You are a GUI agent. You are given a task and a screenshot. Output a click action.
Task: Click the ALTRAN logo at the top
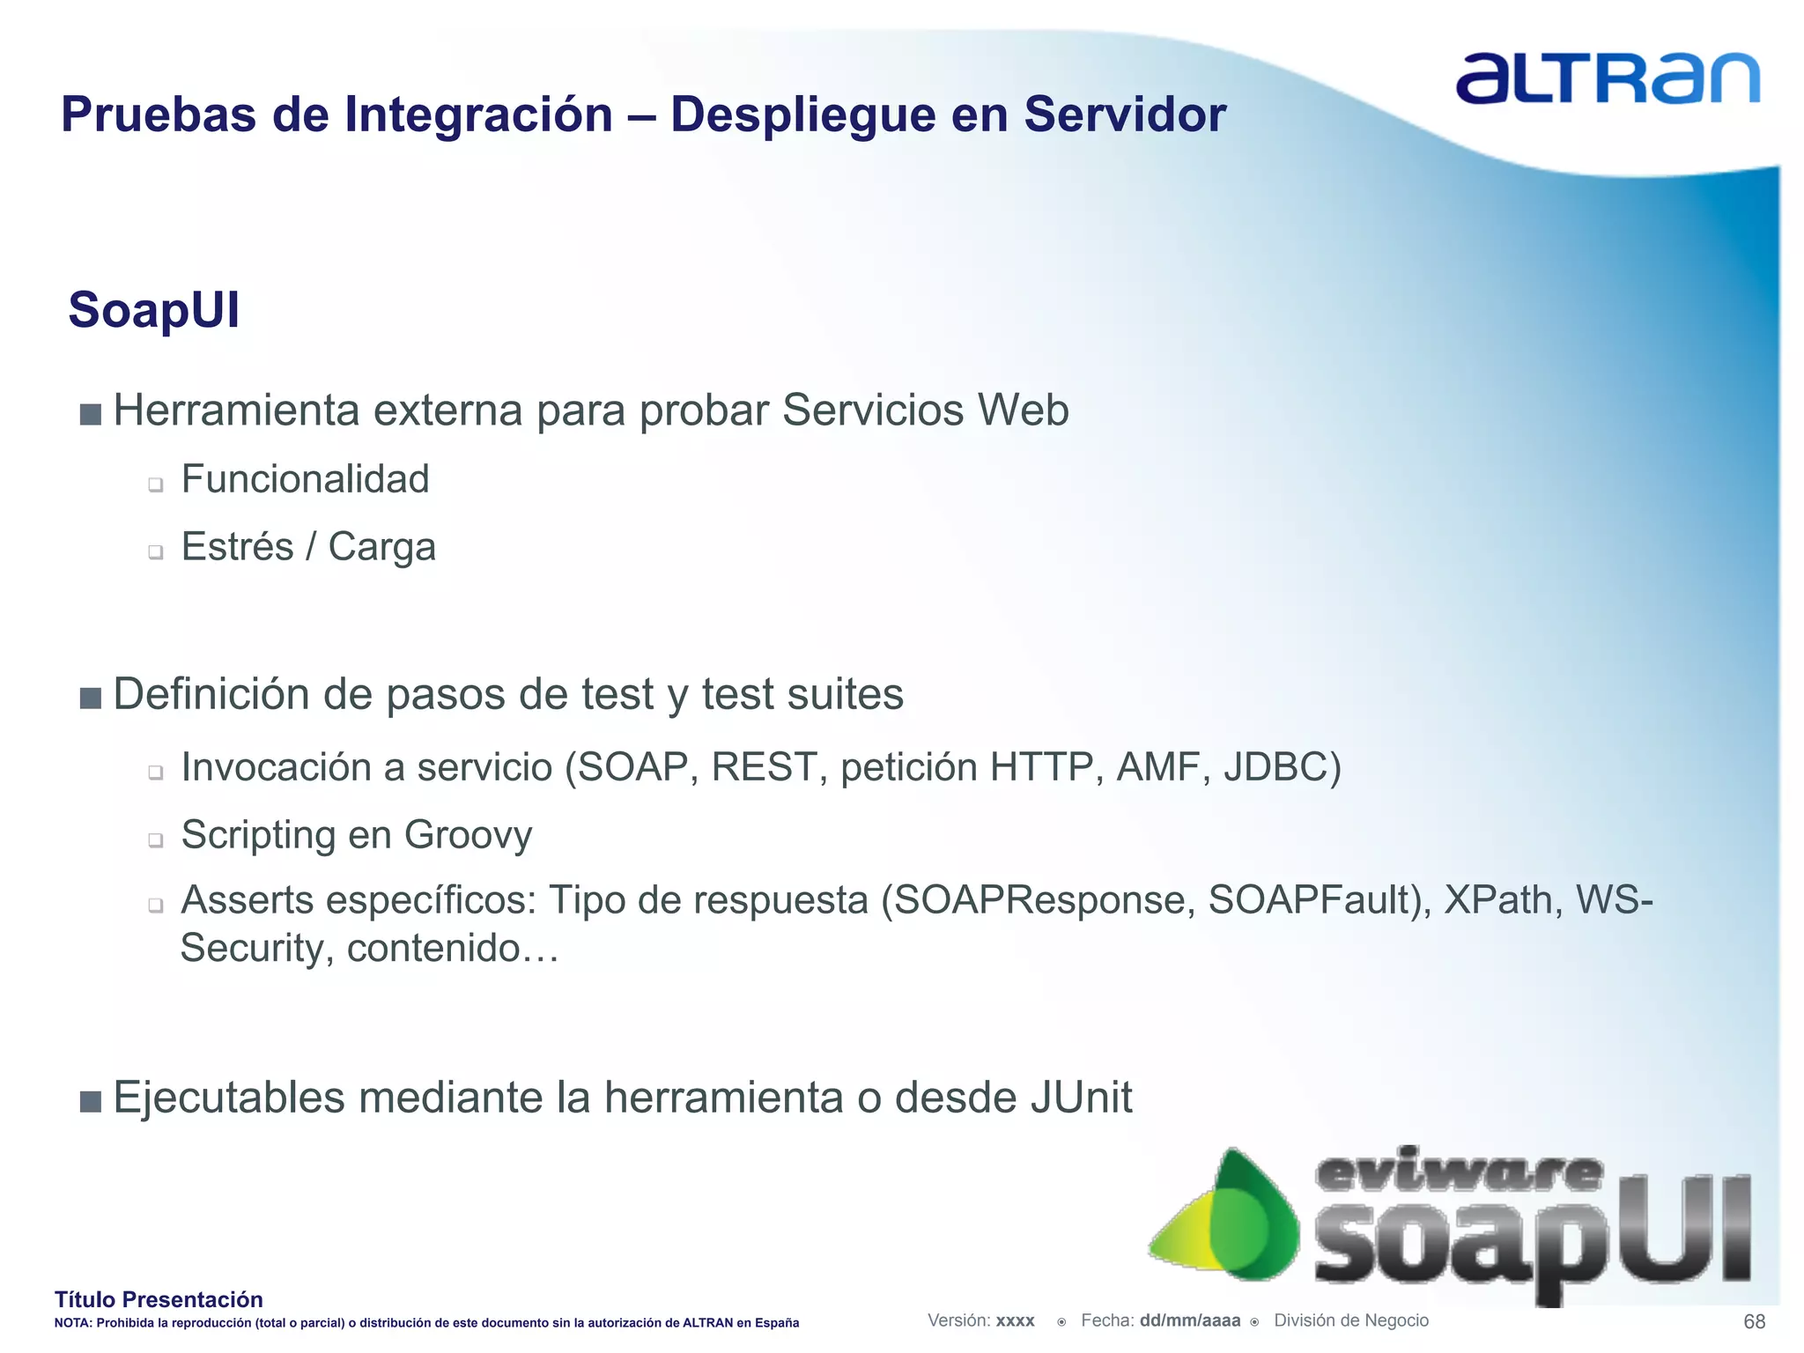click(x=1607, y=79)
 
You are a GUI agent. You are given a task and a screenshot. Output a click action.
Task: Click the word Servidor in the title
click(x=1125, y=115)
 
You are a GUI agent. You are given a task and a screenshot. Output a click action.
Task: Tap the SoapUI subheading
click(x=154, y=311)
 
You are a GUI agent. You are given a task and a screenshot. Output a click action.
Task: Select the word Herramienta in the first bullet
click(x=237, y=411)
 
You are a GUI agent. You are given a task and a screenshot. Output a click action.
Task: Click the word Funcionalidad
click(x=305, y=480)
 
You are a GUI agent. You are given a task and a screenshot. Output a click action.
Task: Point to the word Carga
click(x=381, y=547)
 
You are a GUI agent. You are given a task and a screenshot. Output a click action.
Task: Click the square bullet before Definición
click(x=90, y=699)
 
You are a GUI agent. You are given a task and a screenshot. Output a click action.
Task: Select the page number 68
click(x=1754, y=1321)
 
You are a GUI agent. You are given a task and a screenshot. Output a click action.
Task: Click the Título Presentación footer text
click(x=159, y=1299)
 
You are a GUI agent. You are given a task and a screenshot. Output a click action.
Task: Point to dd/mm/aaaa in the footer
click(x=1189, y=1320)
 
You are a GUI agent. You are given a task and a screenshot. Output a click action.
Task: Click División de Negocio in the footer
click(x=1350, y=1320)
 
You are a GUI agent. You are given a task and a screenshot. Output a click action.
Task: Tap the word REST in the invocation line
click(x=763, y=768)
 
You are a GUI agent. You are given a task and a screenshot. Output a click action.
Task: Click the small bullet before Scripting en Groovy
click(x=156, y=840)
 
